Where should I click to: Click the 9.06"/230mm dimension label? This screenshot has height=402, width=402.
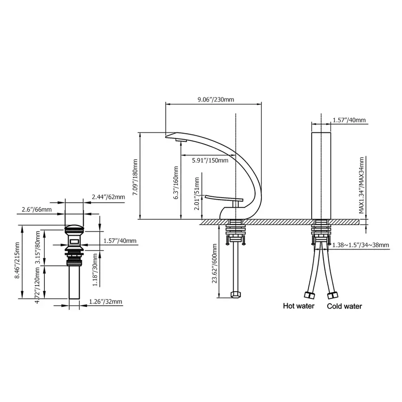click(216, 99)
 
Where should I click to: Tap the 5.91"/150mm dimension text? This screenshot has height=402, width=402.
click(210, 161)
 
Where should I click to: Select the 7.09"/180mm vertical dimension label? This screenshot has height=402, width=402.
click(135, 177)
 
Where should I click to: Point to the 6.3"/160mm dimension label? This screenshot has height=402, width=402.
click(176, 183)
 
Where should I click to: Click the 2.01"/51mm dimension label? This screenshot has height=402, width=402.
click(197, 194)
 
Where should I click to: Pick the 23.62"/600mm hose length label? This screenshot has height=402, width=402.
click(214, 263)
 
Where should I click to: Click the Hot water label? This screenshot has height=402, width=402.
click(299, 306)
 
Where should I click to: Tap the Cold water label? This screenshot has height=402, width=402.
click(344, 306)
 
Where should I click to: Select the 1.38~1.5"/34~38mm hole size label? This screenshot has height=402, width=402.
click(360, 245)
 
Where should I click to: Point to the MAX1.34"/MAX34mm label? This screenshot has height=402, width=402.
click(361, 185)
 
